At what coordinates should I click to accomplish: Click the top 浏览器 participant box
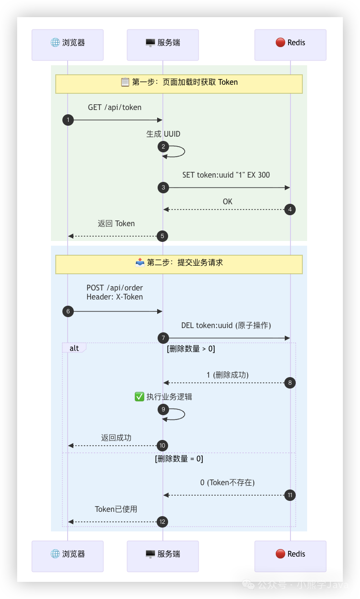(68, 45)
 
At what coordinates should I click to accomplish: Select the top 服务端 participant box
(162, 45)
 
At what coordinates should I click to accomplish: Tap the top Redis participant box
(290, 45)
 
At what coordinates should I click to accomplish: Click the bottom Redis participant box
(290, 556)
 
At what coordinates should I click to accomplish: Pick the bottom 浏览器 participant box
(68, 556)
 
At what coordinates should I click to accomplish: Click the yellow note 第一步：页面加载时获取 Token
(179, 83)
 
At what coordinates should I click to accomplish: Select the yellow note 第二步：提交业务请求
(179, 264)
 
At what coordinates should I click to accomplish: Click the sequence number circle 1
(68, 120)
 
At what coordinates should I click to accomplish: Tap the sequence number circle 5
(163, 236)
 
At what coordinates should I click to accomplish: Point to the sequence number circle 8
(290, 383)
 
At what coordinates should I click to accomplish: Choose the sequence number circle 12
(163, 522)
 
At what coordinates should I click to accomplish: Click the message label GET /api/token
(115, 108)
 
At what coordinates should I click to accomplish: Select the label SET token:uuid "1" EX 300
(226, 175)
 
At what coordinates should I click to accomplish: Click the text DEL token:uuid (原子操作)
(226, 326)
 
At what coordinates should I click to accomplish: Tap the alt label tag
(74, 348)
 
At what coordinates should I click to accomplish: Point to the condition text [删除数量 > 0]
(190, 349)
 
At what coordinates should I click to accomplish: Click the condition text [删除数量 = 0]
(179, 459)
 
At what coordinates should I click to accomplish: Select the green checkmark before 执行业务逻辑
(140, 397)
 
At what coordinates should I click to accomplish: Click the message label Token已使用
(116, 509)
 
